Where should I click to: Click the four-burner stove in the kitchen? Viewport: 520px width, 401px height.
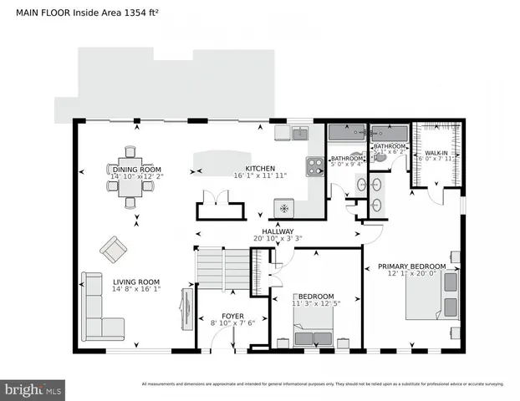[315, 167]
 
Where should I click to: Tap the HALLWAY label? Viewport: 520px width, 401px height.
[277, 231]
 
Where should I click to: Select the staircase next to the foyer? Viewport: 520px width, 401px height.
[223, 270]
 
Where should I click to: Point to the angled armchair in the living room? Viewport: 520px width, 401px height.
[113, 248]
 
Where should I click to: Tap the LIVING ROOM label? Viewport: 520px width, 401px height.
[136, 282]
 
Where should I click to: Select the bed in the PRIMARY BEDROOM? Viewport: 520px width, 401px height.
[432, 294]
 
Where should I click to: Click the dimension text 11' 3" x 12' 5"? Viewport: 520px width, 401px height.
[313, 303]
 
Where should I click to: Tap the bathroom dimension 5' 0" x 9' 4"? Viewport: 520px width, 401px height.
[347, 165]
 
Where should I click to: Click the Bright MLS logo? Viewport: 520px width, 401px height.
[33, 389]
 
